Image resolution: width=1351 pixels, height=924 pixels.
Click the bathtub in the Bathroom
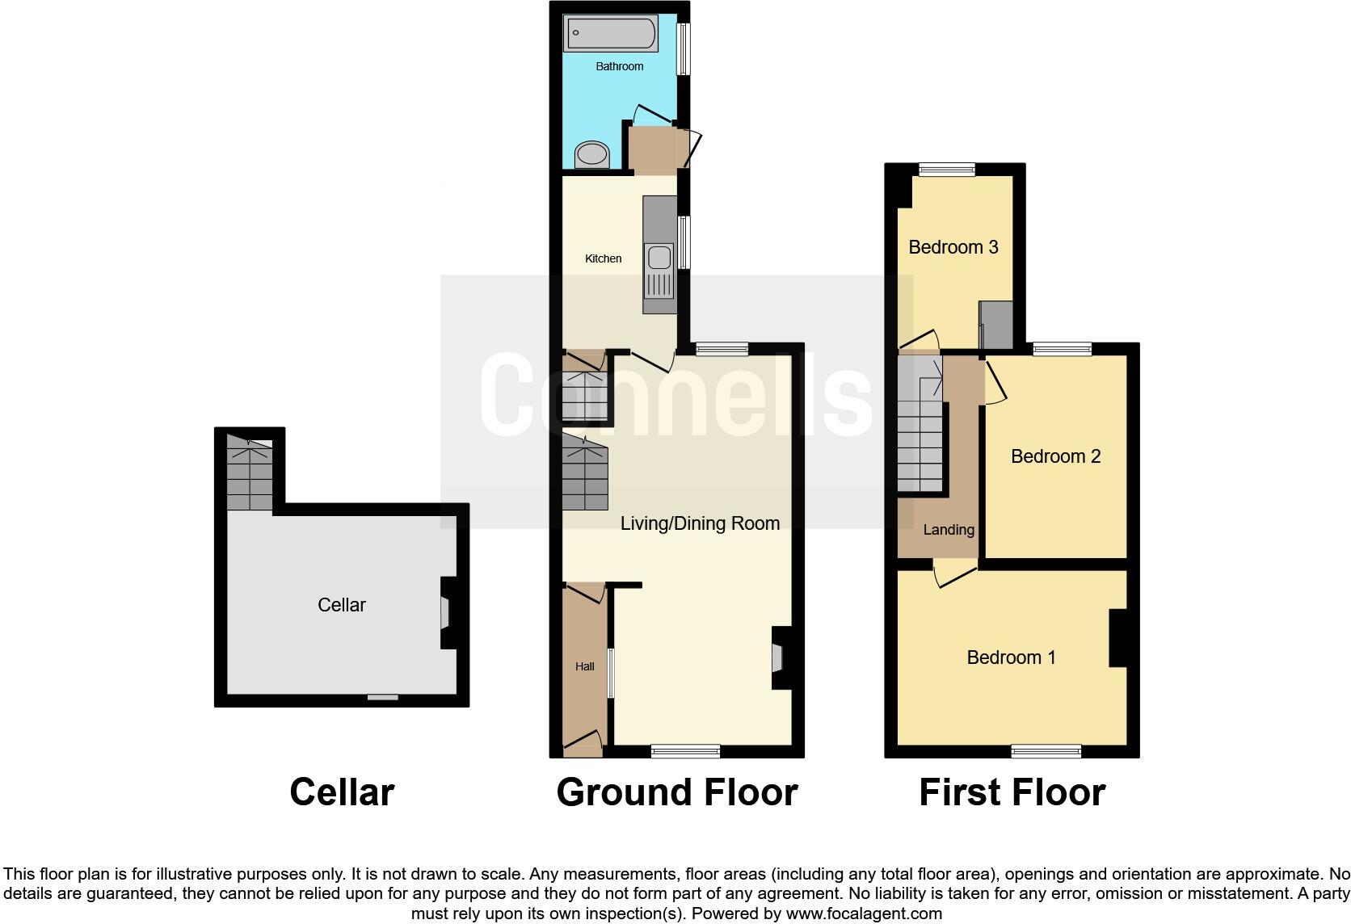(x=610, y=34)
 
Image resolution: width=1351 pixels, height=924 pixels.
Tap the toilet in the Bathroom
(x=592, y=153)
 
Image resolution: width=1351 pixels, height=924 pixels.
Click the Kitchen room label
(x=604, y=258)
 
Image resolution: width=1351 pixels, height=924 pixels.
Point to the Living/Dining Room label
(x=700, y=523)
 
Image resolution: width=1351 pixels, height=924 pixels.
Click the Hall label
(x=584, y=666)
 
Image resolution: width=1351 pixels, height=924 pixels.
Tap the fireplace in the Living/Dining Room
(x=778, y=657)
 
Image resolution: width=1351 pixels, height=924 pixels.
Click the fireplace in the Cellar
(x=446, y=612)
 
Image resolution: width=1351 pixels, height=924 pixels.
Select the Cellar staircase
(x=250, y=474)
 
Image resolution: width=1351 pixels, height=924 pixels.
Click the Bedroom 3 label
(x=953, y=247)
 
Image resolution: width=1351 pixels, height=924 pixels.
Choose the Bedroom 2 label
(x=1055, y=456)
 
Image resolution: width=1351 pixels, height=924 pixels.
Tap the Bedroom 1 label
(x=1011, y=657)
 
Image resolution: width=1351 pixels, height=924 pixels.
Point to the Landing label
(x=949, y=530)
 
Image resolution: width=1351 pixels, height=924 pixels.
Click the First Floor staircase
(x=920, y=428)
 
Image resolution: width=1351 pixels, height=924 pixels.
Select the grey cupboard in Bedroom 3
(x=996, y=325)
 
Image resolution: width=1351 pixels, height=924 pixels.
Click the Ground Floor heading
(x=677, y=792)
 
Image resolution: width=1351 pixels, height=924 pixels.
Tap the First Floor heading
(x=1012, y=792)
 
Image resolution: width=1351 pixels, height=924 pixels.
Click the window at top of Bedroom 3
(x=947, y=170)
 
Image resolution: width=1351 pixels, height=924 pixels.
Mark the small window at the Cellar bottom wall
(x=382, y=697)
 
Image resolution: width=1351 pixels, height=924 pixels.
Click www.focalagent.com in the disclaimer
(x=863, y=914)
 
